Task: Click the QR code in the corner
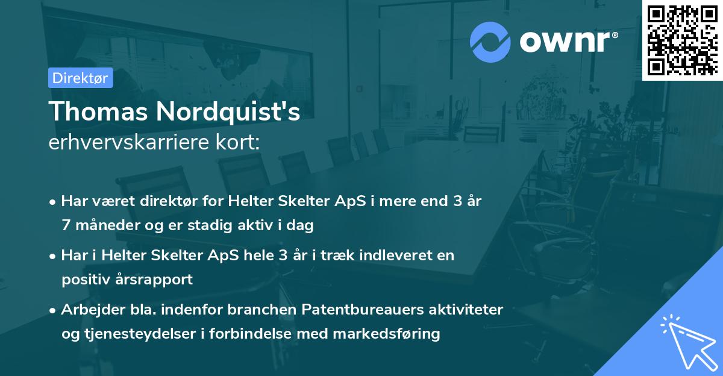click(682, 40)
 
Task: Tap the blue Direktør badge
click(80, 78)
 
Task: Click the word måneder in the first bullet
click(102, 225)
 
